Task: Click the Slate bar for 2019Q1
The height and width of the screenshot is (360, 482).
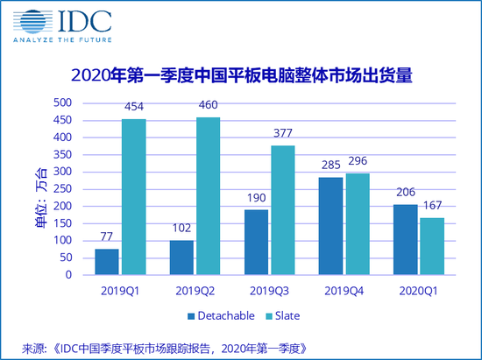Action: [x=132, y=197]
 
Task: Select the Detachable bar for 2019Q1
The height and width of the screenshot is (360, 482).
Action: [x=107, y=262]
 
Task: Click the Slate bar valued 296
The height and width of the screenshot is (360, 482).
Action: [x=358, y=224]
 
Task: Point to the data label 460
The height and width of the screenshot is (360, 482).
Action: [x=208, y=109]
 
